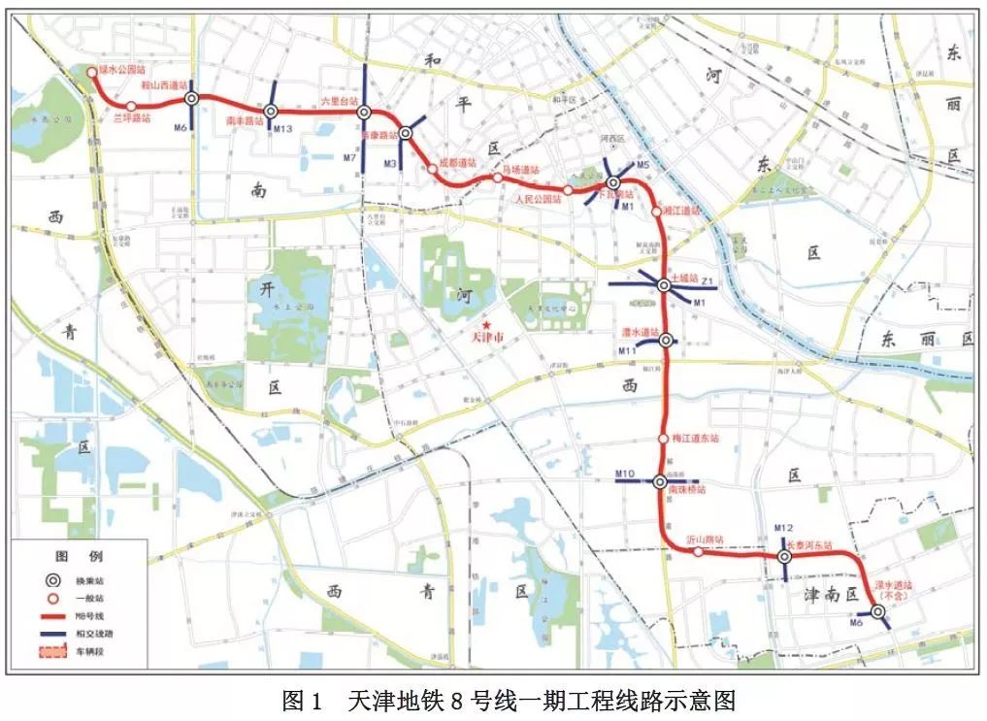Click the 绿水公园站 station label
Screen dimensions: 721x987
click(120, 72)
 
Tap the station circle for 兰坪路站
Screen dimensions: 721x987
click(131, 106)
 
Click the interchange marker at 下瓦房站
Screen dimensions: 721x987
click(612, 182)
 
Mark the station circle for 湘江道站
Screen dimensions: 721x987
click(657, 211)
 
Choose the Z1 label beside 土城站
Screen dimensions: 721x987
click(708, 282)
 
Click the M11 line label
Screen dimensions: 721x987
click(628, 349)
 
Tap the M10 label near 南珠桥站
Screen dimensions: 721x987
click(625, 474)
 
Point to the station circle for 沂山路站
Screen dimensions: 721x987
click(698, 552)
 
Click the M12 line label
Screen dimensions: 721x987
click(784, 528)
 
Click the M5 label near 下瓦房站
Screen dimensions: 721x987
click(642, 166)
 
